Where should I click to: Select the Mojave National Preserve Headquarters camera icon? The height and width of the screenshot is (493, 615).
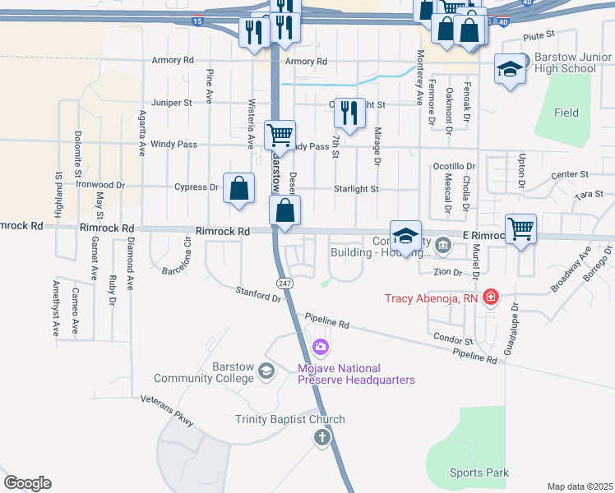[320, 348]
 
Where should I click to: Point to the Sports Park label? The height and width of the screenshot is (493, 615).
[479, 472]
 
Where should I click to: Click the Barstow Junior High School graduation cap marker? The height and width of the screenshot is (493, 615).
[510, 70]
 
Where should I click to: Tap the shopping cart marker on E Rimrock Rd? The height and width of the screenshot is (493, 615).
[520, 228]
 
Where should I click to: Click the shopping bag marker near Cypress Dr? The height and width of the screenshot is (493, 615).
[238, 188]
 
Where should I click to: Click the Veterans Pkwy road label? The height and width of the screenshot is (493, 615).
[166, 408]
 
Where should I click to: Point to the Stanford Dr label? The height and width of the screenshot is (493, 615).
[258, 293]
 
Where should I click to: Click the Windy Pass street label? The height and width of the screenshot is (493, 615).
[173, 145]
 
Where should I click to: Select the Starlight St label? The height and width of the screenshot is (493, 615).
[356, 189]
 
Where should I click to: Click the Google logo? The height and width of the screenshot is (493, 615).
[27, 483]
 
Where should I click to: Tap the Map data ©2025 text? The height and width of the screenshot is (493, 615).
[580, 486]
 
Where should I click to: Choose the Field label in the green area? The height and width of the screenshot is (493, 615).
[566, 113]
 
